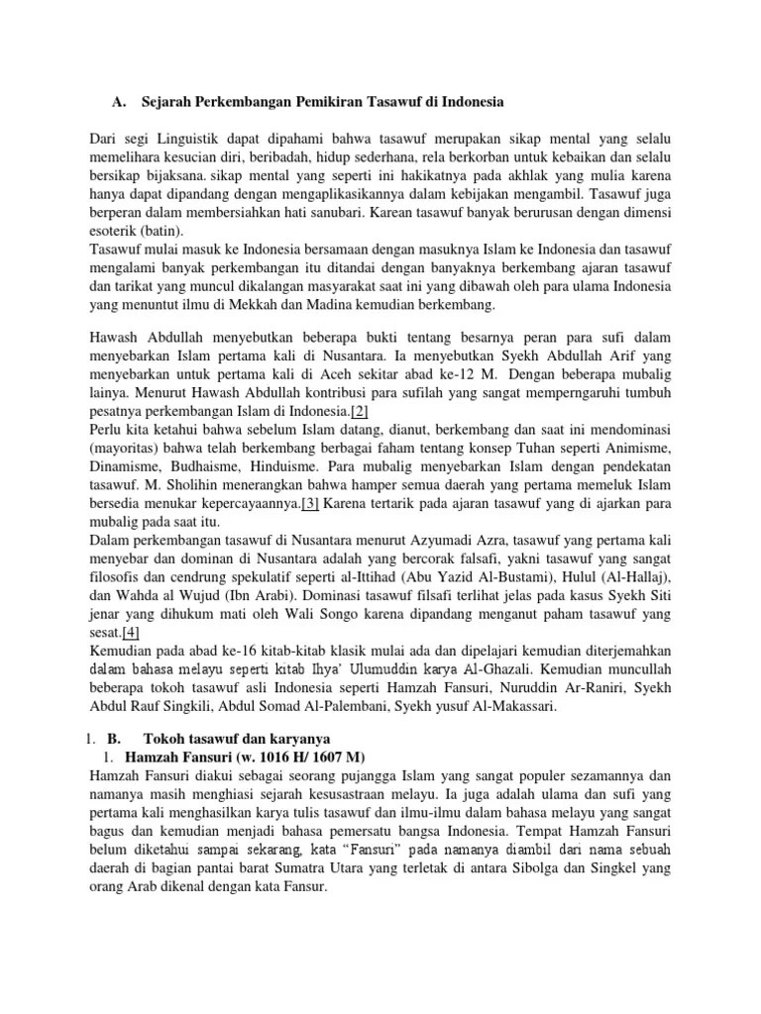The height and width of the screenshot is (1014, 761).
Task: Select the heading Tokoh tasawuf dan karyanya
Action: [x=236, y=739]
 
